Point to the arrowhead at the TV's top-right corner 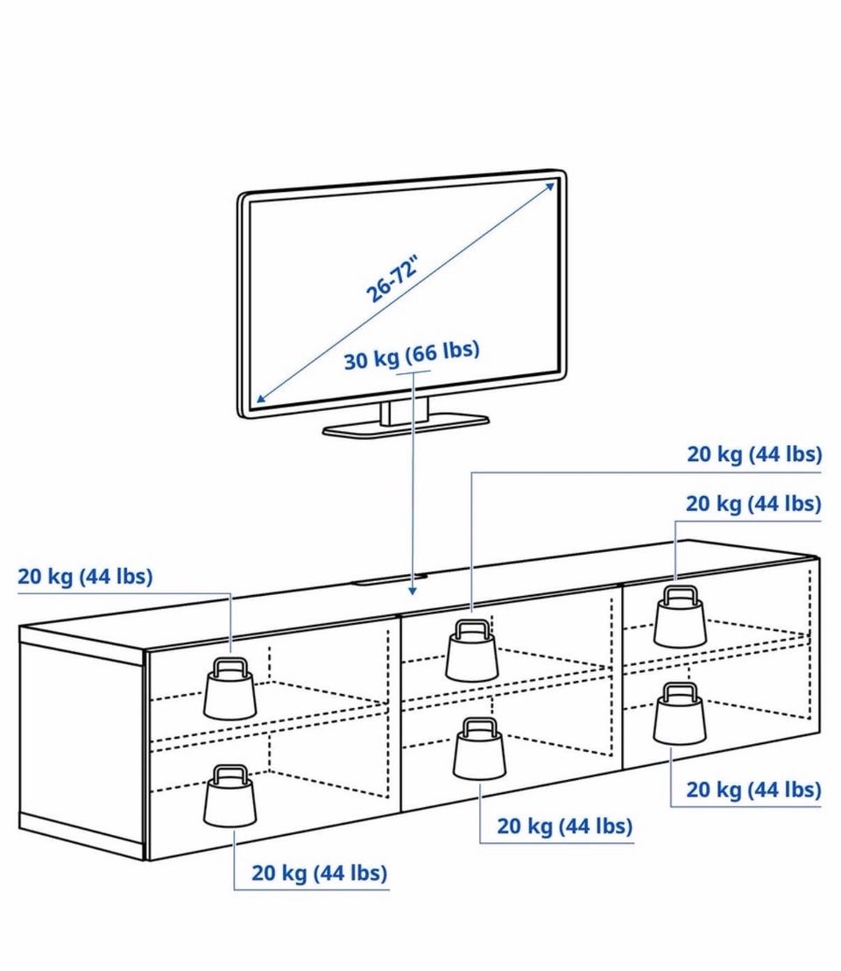pos(552,183)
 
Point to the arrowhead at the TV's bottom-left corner pos(258,400)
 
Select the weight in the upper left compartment pos(230,689)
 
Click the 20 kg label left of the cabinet pos(85,577)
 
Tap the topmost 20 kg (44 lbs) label pos(753,455)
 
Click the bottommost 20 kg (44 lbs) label pos(319,873)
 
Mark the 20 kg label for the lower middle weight pos(564,826)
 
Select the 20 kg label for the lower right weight pos(753,790)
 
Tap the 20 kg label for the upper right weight pos(753,504)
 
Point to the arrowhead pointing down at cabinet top pos(412,592)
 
